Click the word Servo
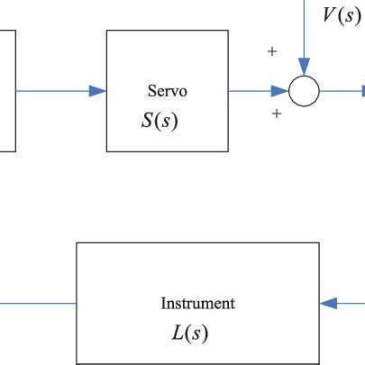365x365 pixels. click(x=166, y=91)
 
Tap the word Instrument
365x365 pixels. click(x=197, y=304)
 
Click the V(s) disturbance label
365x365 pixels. click(x=342, y=16)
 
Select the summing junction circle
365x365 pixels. click(x=304, y=91)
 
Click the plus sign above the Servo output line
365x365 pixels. click(x=271, y=52)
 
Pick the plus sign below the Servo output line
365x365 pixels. click(x=277, y=114)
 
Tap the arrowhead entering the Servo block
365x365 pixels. click(x=98, y=91)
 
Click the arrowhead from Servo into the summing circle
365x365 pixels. click(x=281, y=91)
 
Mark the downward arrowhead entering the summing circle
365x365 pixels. click(x=304, y=68)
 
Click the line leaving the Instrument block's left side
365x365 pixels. click(x=36, y=303)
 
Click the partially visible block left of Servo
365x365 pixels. click(x=7, y=91)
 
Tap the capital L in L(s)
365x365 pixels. click(x=178, y=333)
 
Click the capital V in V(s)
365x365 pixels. click(x=331, y=16)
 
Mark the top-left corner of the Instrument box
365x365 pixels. click(x=77, y=242)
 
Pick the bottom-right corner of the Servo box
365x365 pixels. click(x=226, y=151)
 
